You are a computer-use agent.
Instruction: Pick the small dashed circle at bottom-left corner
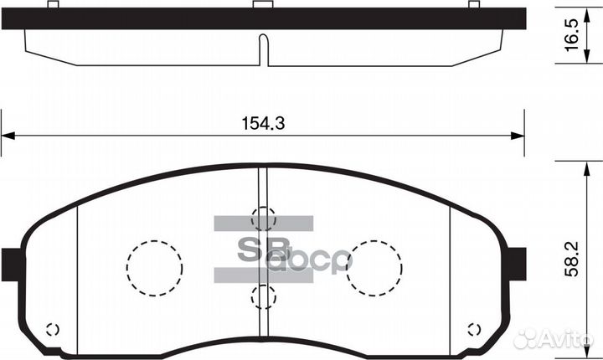52,329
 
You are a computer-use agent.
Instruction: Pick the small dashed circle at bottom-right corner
475,329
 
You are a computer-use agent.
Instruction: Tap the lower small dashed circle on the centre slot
263,296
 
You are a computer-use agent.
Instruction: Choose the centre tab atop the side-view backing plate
263,5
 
